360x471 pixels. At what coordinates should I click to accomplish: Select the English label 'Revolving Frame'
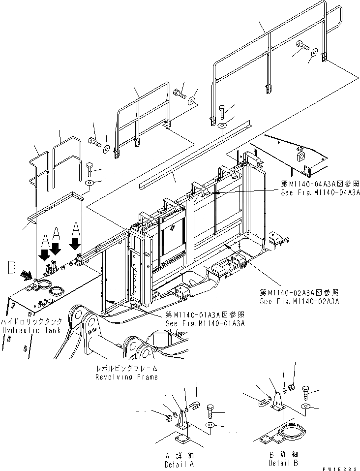coord(127,377)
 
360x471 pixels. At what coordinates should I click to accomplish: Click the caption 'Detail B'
coord(283,463)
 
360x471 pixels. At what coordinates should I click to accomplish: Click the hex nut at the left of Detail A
coord(167,418)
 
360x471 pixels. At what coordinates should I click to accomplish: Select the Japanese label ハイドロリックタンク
coord(32,321)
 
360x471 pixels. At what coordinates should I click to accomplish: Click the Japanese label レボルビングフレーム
coord(127,368)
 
